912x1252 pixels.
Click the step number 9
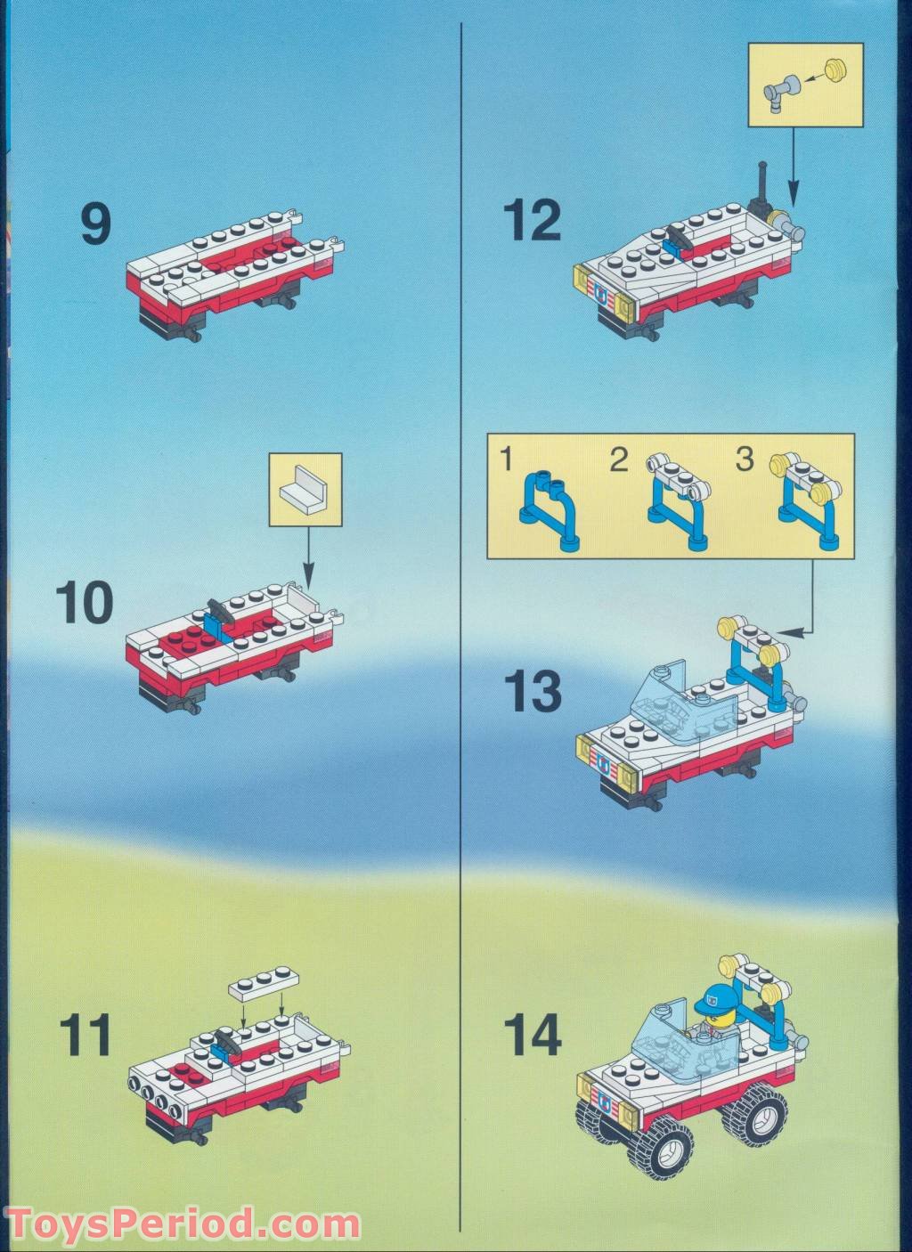click(96, 224)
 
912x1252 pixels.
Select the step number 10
click(85, 603)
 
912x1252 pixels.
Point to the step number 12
click(533, 220)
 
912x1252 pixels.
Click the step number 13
click(533, 691)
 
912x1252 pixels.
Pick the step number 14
click(533, 1034)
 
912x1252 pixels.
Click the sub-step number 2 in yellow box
click(618, 460)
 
